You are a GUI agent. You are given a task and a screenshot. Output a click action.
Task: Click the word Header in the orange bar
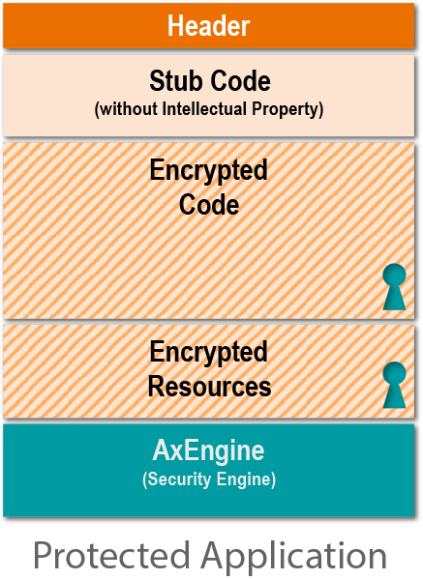pos(208,26)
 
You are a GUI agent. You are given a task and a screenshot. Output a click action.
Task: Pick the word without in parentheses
pos(129,108)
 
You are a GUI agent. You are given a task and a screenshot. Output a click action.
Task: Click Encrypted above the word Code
pos(208,171)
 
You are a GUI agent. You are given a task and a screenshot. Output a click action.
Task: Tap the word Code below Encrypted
pos(209,204)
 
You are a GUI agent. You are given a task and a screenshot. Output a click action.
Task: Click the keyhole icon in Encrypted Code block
pos(394,287)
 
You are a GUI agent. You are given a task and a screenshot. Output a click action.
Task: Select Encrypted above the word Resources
pos(208,353)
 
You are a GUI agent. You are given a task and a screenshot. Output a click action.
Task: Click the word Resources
pos(210,386)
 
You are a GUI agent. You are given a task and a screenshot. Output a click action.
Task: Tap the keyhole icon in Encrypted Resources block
pos(394,385)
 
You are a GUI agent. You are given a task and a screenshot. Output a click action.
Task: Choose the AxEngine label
pos(208,451)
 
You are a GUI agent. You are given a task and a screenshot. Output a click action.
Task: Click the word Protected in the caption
pos(112,556)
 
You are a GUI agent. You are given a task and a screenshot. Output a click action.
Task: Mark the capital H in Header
pos(175,26)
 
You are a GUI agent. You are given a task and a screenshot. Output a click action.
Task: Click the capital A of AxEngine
pos(162,449)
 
